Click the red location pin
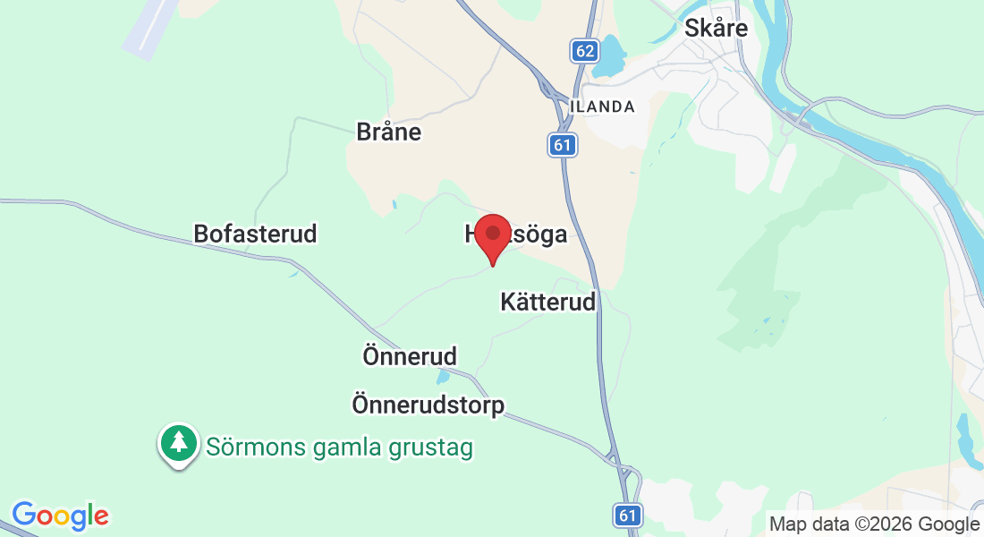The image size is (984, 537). click(492, 236)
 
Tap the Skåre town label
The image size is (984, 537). click(716, 28)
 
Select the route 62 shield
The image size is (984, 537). click(585, 50)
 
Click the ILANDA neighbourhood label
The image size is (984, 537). click(602, 107)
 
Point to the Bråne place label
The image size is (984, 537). click(388, 132)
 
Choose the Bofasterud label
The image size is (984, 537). click(255, 234)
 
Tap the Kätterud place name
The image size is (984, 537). click(547, 302)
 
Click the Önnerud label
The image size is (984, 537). click(410, 355)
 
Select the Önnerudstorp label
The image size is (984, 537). click(428, 405)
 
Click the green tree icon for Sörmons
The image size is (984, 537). click(179, 443)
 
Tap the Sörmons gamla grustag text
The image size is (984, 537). click(339, 446)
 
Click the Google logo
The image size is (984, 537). click(60, 516)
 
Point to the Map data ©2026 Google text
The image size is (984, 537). click(874, 524)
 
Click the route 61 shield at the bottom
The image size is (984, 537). click(628, 515)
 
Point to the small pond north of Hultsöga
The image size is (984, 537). click(394, 205)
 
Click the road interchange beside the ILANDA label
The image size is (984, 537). click(546, 87)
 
